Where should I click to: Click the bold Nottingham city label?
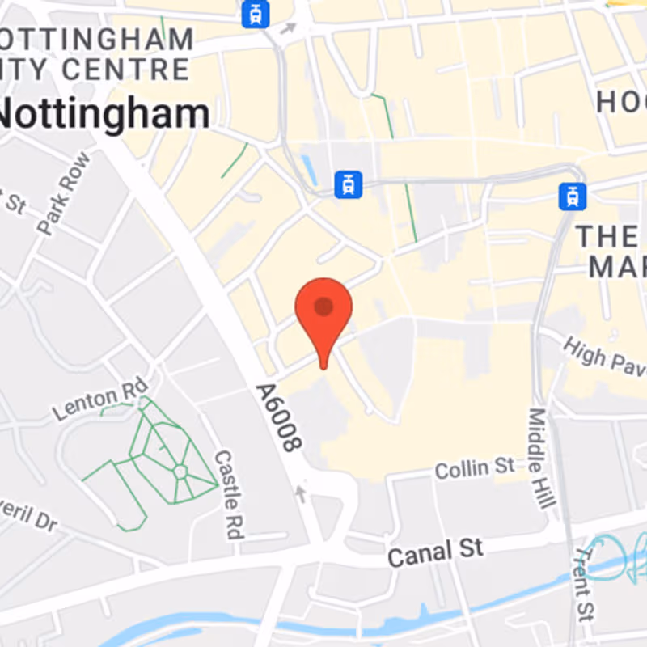point(104,114)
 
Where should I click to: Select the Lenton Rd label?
point(101,399)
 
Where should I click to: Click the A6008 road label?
point(278,417)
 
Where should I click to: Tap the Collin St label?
point(475,467)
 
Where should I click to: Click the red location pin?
point(323,311)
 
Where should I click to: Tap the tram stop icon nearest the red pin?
point(349,184)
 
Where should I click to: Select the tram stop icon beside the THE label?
point(573,195)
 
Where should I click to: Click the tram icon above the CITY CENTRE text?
point(256,14)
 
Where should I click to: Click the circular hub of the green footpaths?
point(180,470)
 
